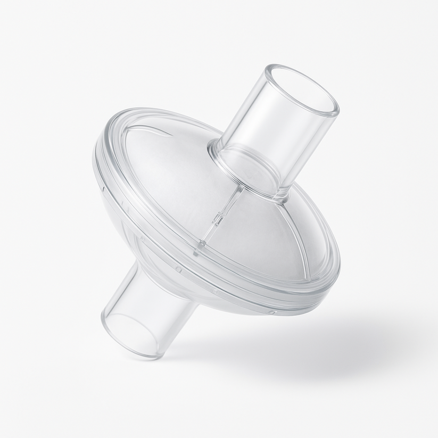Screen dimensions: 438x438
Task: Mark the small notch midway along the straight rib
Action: click(217, 218)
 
